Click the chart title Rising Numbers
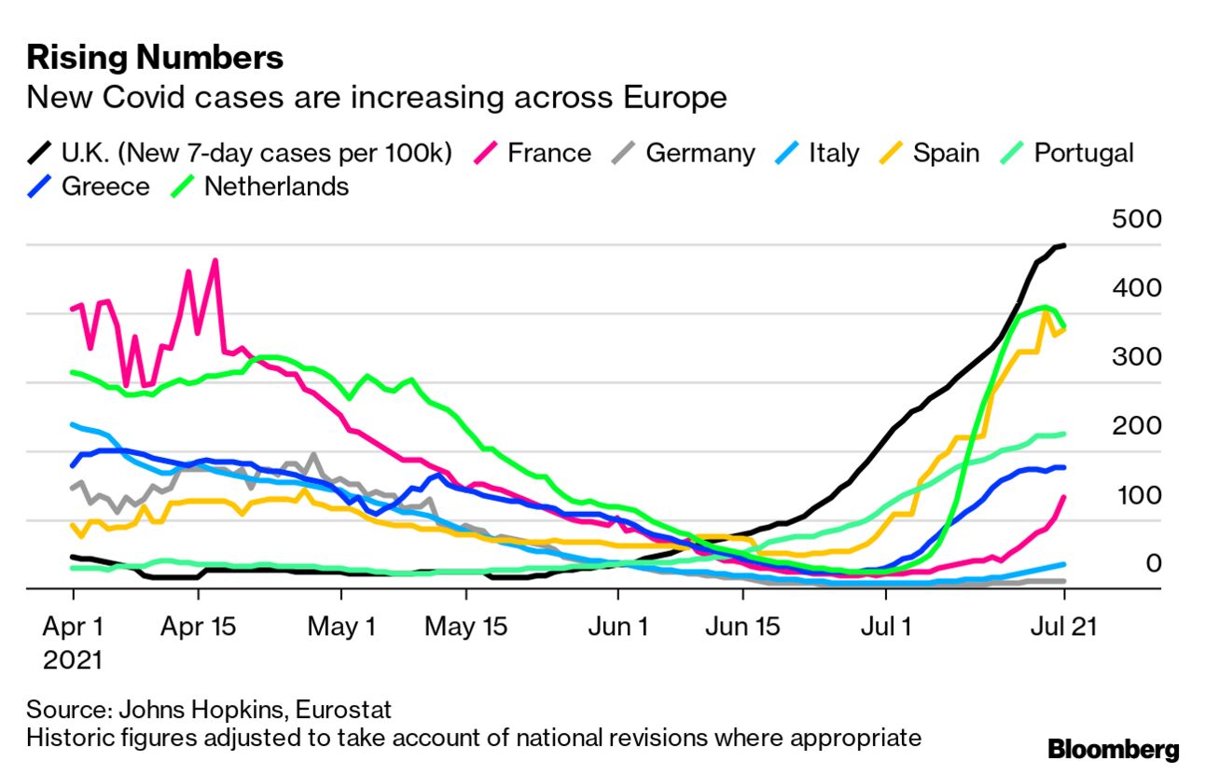(x=155, y=58)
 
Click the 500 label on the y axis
(x=1137, y=220)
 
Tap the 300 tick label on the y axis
(x=1137, y=357)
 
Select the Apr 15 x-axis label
(x=199, y=627)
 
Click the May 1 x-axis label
(x=340, y=627)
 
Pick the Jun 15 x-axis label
(x=741, y=627)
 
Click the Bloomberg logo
(x=1113, y=749)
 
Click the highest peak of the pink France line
(x=215, y=261)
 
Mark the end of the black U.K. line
(x=1064, y=245)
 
